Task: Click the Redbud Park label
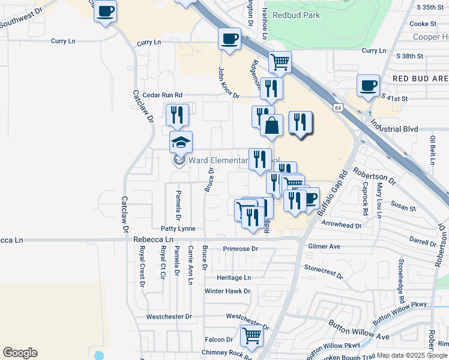[296, 15]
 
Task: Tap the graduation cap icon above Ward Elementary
[181, 143]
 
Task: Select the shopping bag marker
[271, 126]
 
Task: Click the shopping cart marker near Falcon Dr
[252, 336]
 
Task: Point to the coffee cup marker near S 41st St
[368, 85]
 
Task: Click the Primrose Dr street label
[240, 248]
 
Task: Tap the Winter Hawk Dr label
[227, 291]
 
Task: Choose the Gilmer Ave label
[324, 247]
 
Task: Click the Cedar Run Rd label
[162, 95]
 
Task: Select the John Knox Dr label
[228, 83]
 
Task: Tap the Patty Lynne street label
[178, 229]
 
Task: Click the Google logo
[20, 353]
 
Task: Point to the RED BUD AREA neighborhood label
[420, 79]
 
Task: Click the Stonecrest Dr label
[323, 272]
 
